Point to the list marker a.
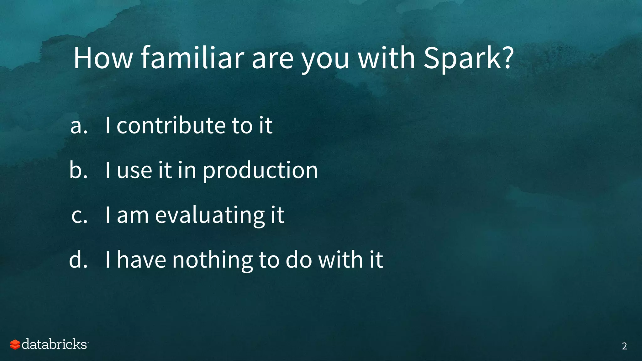tap(79, 126)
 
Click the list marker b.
tap(78, 170)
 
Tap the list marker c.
tap(79, 216)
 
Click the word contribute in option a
tap(171, 125)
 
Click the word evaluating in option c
tap(209, 216)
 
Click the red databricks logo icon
tap(15, 344)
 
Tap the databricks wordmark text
tap(54, 344)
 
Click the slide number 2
tap(624, 346)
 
